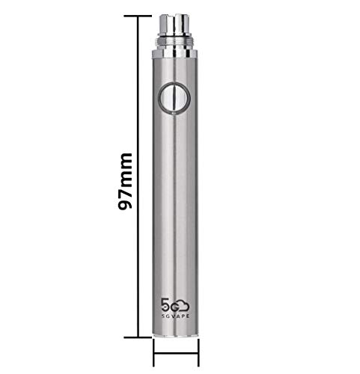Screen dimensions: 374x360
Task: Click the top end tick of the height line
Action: click(139, 14)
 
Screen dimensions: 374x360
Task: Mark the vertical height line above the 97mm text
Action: click(139, 82)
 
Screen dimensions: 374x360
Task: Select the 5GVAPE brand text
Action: click(175, 316)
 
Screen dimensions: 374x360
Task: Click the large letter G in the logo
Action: click(174, 306)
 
